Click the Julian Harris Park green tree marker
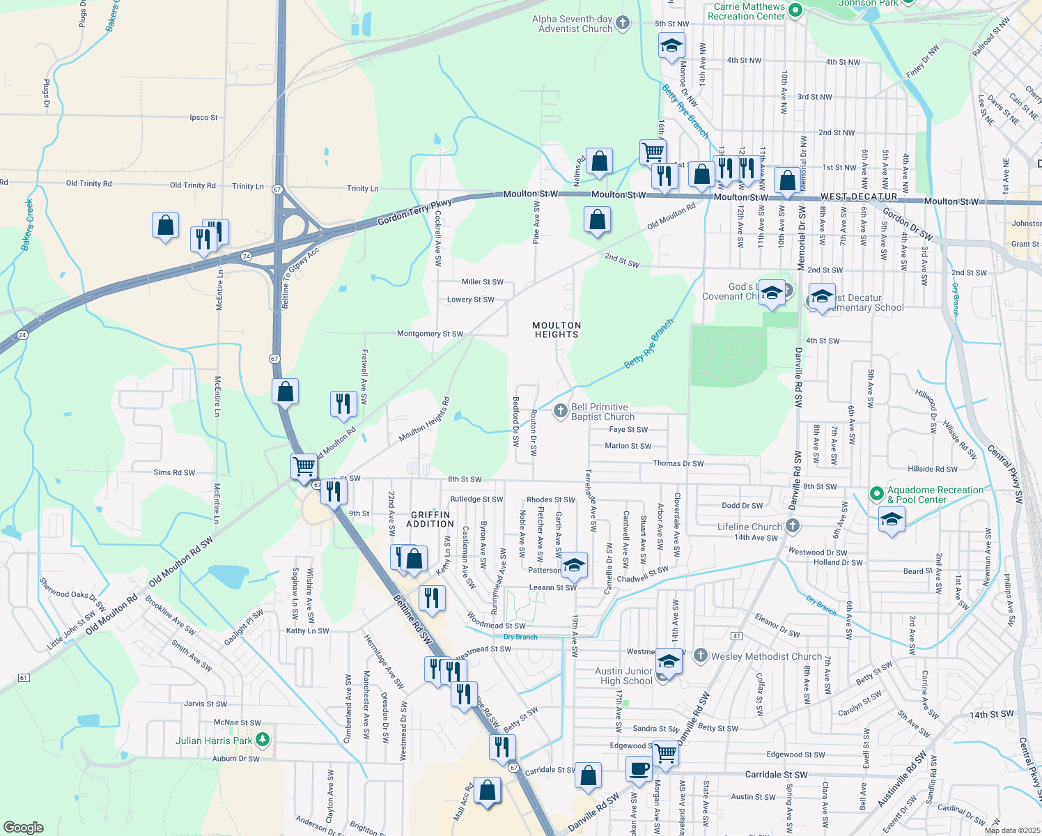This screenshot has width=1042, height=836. [x=263, y=739]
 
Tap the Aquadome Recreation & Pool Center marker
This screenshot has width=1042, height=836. [x=877, y=494]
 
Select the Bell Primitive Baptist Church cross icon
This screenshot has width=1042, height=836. [x=560, y=411]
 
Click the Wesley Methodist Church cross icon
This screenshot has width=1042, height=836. [x=700, y=656]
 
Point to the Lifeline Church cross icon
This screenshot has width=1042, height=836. [x=792, y=526]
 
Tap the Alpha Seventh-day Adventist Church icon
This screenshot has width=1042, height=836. [x=622, y=24]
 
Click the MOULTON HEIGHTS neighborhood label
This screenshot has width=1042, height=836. [x=557, y=330]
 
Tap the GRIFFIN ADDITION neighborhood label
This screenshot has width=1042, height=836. [x=430, y=519]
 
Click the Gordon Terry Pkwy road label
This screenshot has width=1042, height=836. [x=414, y=212]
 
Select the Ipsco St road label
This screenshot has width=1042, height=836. [x=203, y=118]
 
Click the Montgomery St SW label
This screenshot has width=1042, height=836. [x=430, y=334]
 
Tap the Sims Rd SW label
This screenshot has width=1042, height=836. [x=174, y=472]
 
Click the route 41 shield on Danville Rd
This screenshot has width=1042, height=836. [x=737, y=636]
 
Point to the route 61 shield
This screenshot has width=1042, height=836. [x=24, y=678]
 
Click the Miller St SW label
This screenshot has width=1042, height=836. [x=482, y=282]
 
